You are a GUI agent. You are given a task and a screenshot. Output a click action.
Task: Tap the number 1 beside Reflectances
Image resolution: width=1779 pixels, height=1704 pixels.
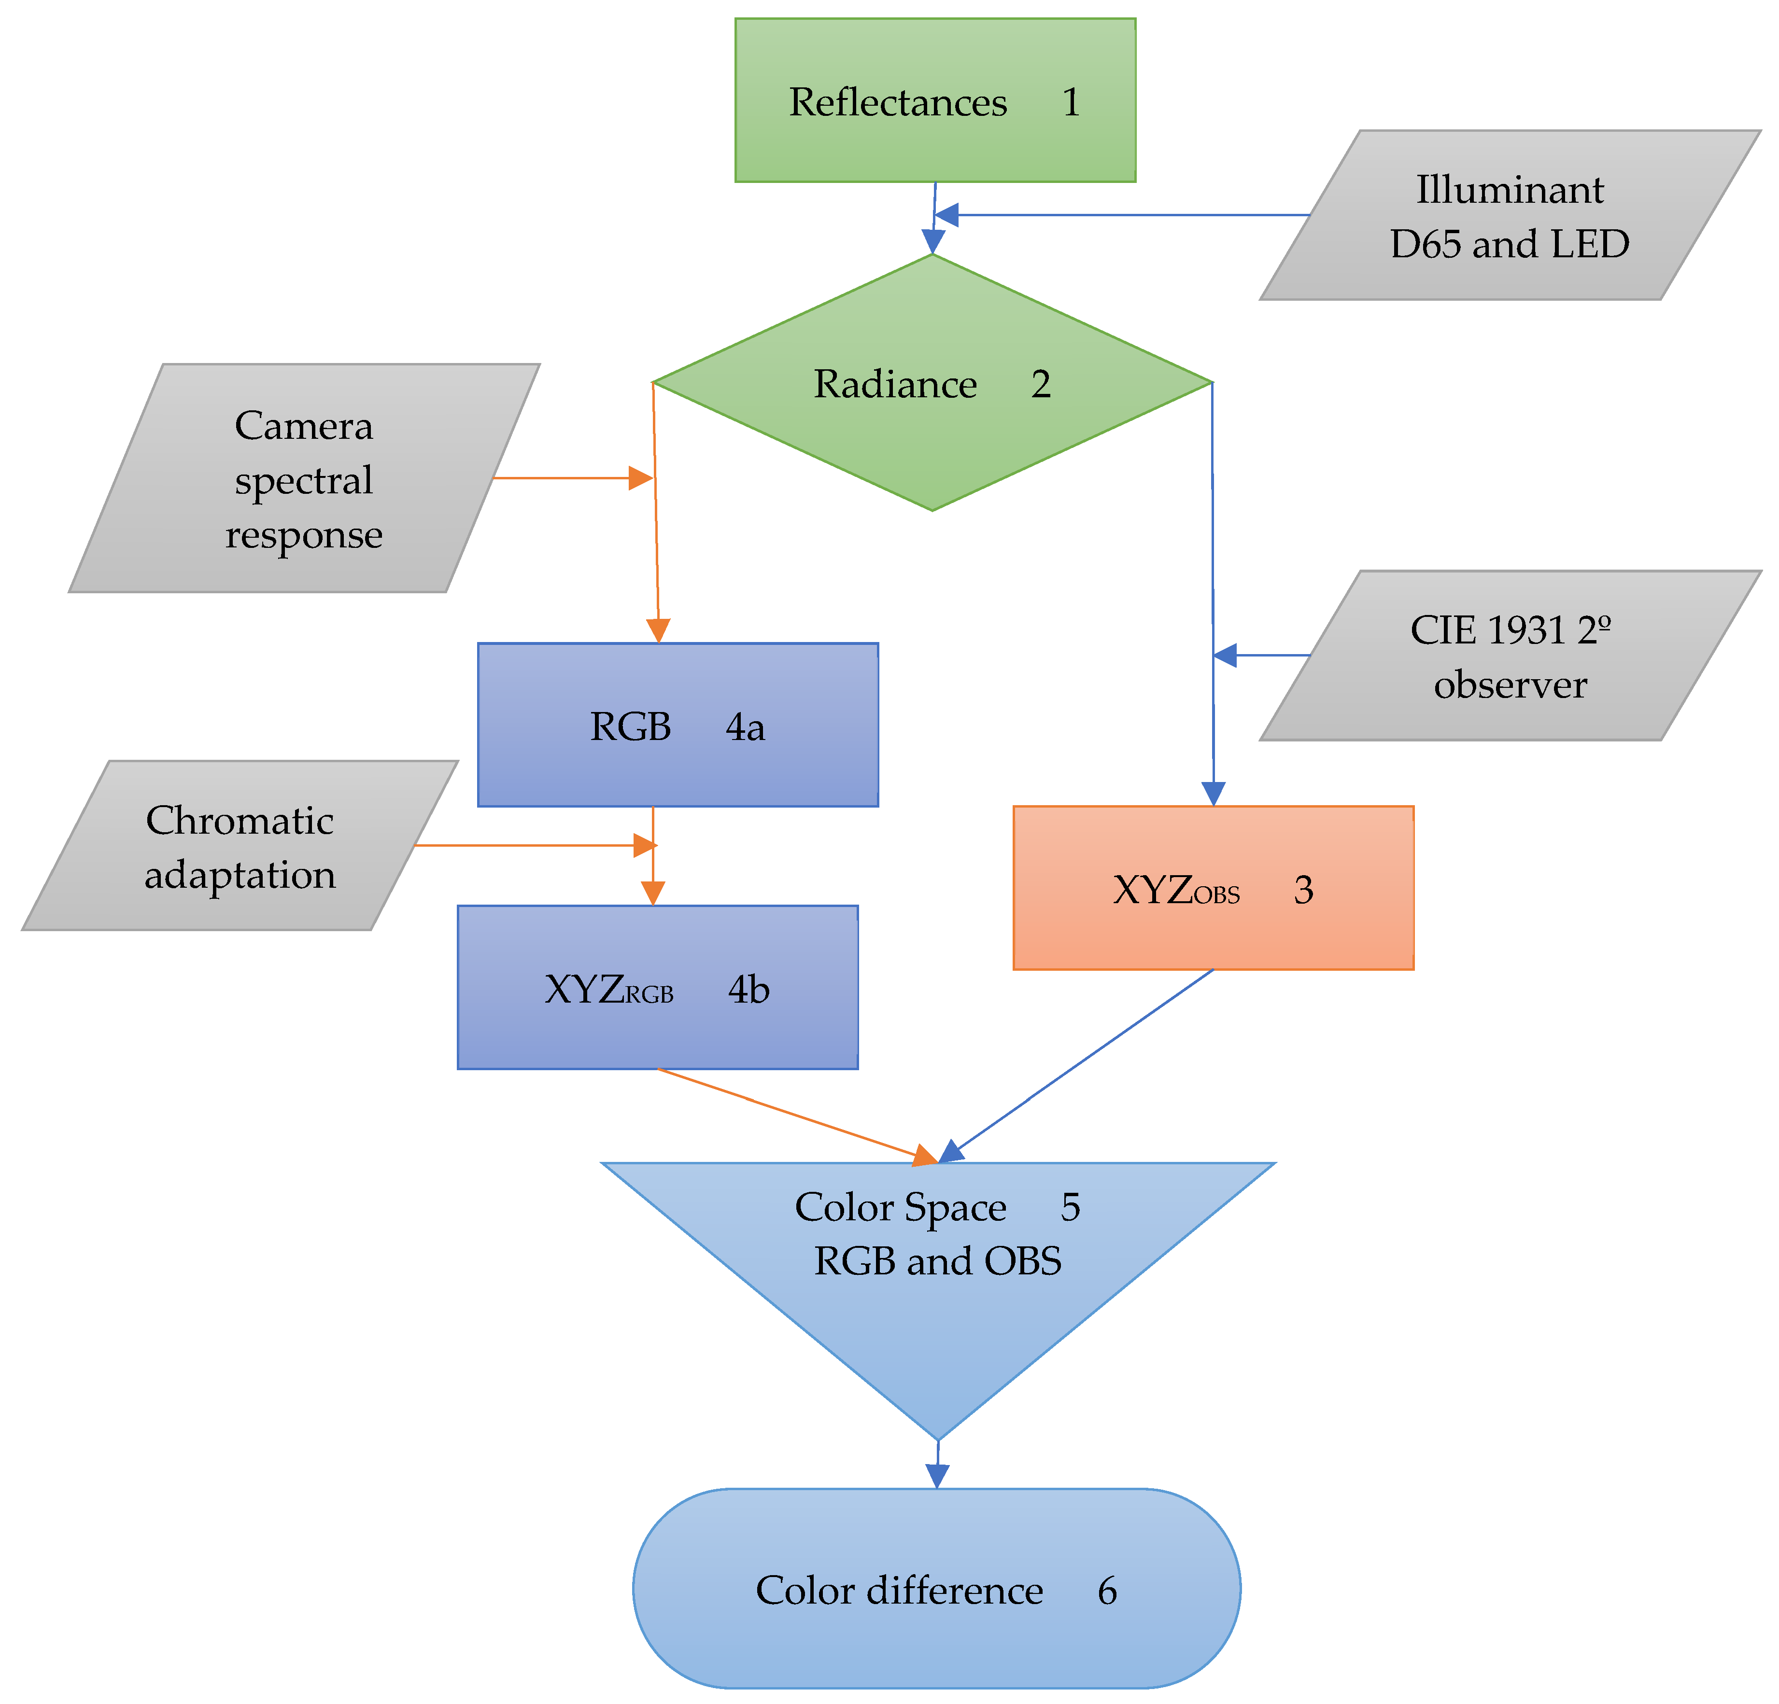(x=1071, y=102)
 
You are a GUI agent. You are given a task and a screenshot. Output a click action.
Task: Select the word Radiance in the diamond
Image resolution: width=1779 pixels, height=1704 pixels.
(x=895, y=384)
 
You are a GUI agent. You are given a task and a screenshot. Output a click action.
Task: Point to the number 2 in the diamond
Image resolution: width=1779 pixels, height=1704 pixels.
(x=1041, y=384)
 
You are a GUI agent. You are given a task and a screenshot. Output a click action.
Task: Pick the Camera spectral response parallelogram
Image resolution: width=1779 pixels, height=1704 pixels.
(x=304, y=479)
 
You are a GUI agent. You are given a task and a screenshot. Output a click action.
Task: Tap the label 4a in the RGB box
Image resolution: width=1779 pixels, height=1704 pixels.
(x=744, y=727)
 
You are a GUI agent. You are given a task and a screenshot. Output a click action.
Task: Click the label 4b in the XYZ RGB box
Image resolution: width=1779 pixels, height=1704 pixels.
(x=748, y=989)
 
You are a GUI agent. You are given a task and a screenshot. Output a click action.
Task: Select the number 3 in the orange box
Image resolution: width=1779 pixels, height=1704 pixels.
(x=1303, y=890)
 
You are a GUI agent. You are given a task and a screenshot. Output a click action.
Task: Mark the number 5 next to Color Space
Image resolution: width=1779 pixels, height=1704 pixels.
(x=1070, y=1207)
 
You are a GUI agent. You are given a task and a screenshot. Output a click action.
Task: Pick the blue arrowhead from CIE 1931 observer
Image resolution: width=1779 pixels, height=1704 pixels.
(x=1225, y=655)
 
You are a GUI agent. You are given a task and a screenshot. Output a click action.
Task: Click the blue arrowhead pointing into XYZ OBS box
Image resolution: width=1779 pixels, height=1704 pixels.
(x=1214, y=794)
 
